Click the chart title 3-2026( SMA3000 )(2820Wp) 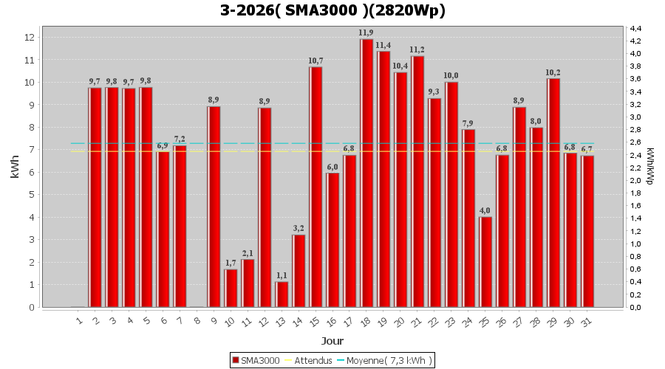[332, 10]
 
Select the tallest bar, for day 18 [366, 173]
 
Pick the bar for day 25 [485, 262]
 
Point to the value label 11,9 [366, 33]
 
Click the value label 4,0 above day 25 [485, 211]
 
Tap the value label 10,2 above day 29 [553, 72]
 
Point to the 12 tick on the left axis [30, 37]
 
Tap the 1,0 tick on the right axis [635, 244]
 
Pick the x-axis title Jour [332, 341]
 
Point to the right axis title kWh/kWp [649, 166]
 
